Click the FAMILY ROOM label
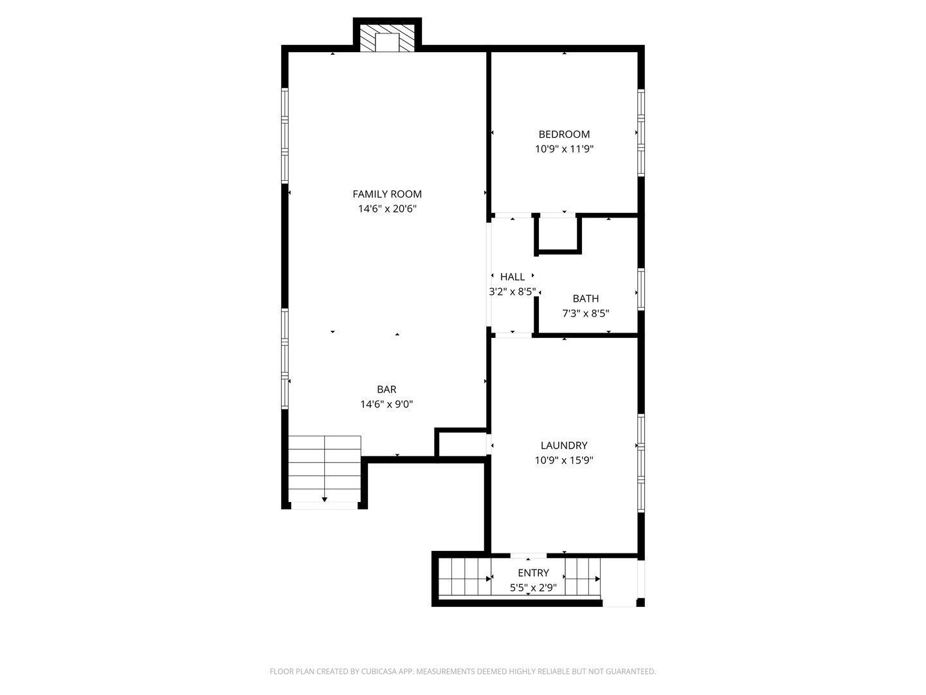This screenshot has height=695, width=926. (x=387, y=194)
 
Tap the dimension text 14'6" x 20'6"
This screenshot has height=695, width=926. (x=387, y=208)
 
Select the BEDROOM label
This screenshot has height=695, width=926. (x=564, y=134)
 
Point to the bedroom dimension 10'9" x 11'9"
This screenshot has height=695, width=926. (x=564, y=149)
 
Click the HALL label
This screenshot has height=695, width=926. (x=513, y=277)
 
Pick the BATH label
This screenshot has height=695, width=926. (x=585, y=299)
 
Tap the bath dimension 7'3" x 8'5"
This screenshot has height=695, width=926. (x=585, y=313)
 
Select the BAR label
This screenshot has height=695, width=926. (x=386, y=389)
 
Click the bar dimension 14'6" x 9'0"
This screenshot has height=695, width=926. (x=386, y=404)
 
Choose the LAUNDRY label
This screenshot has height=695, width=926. (x=564, y=445)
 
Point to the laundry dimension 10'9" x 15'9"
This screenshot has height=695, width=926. (x=564, y=460)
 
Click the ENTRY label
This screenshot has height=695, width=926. (x=533, y=573)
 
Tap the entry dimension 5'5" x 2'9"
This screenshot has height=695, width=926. (x=533, y=588)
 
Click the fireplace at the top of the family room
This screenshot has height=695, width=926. (x=387, y=39)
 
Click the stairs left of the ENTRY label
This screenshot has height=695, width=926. (x=464, y=577)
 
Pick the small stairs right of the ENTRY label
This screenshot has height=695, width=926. (x=583, y=577)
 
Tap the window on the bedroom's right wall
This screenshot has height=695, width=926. (x=640, y=133)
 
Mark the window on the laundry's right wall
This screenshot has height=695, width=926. (x=640, y=463)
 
